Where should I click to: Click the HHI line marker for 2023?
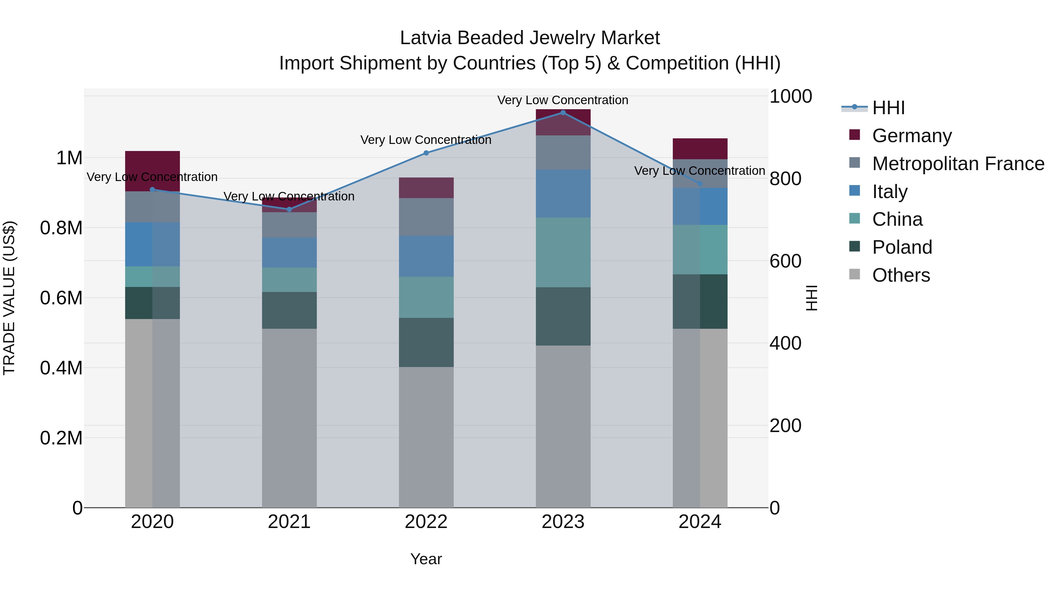point(563,113)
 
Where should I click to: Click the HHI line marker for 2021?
point(289,209)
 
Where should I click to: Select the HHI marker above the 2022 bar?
point(426,153)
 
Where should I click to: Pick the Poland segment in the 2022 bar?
point(426,342)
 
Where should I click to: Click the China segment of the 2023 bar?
point(563,252)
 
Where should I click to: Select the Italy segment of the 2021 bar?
point(289,253)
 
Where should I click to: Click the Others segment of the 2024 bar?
point(700,417)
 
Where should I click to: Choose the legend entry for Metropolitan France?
point(958,164)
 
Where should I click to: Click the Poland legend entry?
point(902,247)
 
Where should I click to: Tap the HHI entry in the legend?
point(888,108)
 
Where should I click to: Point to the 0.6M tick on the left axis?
point(61,298)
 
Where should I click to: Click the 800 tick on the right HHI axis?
point(785,179)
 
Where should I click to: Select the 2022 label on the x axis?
point(426,522)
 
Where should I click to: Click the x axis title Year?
point(426,559)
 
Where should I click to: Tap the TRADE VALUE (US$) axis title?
point(9,298)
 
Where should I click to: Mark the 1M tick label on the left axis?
point(69,158)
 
